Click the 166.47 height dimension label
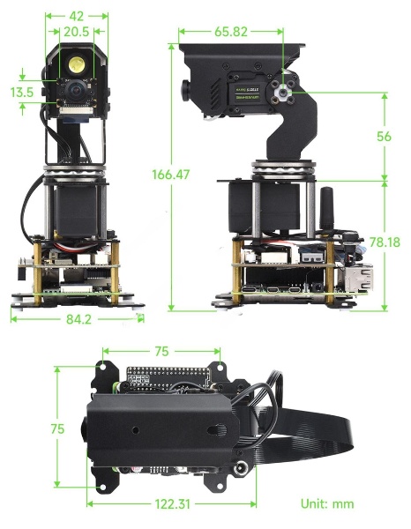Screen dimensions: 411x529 click(x=170, y=175)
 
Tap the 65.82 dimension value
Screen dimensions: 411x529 click(x=231, y=32)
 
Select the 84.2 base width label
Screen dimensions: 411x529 click(x=78, y=319)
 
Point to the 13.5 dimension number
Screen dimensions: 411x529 click(x=22, y=92)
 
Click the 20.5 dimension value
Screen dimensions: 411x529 click(x=76, y=32)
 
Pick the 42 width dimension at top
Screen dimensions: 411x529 click(x=76, y=16)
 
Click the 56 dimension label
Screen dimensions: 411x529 click(x=384, y=137)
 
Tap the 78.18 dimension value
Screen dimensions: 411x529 click(x=385, y=242)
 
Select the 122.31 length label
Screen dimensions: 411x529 click(x=173, y=504)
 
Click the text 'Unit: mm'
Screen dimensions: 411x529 click(x=327, y=504)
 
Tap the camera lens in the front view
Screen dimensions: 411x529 click(x=75, y=90)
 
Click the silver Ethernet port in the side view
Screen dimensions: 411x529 click(x=359, y=277)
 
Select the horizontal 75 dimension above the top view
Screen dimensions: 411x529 click(x=161, y=351)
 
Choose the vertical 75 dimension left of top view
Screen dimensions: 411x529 click(x=57, y=428)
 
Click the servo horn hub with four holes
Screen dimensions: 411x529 click(x=282, y=91)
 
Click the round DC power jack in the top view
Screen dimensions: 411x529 click(x=243, y=469)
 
